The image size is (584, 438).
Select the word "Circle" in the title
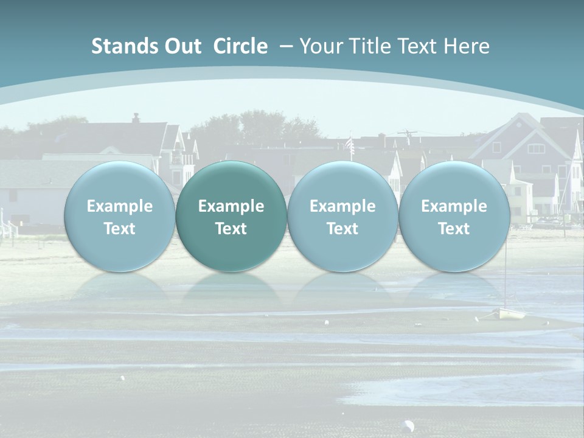(240, 46)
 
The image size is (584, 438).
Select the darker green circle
(231, 217)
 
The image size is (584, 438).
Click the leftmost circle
(119, 217)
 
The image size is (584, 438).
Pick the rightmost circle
(454, 217)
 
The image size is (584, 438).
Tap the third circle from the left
(342, 217)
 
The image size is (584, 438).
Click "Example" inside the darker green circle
(231, 206)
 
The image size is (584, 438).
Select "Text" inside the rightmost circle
(454, 229)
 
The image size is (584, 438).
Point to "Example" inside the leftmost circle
(119, 206)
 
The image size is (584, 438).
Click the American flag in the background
(349, 144)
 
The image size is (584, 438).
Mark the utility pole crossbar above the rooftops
(407, 132)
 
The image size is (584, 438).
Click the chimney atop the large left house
(136, 117)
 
